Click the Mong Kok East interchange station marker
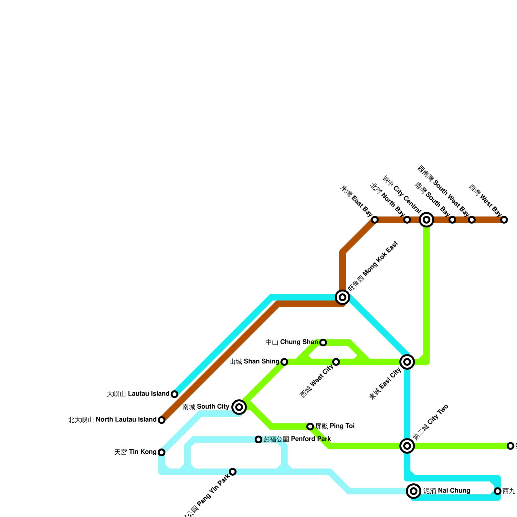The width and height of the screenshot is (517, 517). (x=343, y=297)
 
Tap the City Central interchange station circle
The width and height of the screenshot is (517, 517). (x=427, y=220)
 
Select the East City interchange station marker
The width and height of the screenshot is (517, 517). (x=407, y=362)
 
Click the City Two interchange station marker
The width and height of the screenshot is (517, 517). (x=407, y=446)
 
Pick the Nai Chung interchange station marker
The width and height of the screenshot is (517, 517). (x=414, y=491)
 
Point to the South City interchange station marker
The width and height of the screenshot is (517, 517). (x=239, y=407)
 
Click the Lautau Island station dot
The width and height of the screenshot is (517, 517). (x=174, y=394)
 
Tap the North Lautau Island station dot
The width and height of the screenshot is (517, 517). (x=162, y=420)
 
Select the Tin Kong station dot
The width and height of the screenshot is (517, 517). (x=162, y=452)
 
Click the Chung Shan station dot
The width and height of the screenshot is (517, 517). (x=323, y=343)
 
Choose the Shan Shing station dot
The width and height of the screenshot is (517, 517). (x=284, y=362)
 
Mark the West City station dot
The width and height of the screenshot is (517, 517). (x=336, y=362)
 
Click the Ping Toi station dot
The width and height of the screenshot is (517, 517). (x=310, y=427)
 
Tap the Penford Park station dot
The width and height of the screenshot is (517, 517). (x=258, y=439)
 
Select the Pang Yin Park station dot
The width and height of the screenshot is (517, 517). (x=233, y=472)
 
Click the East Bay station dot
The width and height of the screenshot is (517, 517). (x=375, y=220)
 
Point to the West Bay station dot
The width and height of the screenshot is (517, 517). (x=504, y=220)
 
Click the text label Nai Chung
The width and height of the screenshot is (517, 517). (x=447, y=491)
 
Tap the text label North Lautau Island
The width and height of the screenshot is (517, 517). (x=112, y=420)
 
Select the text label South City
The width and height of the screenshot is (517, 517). (x=206, y=407)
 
